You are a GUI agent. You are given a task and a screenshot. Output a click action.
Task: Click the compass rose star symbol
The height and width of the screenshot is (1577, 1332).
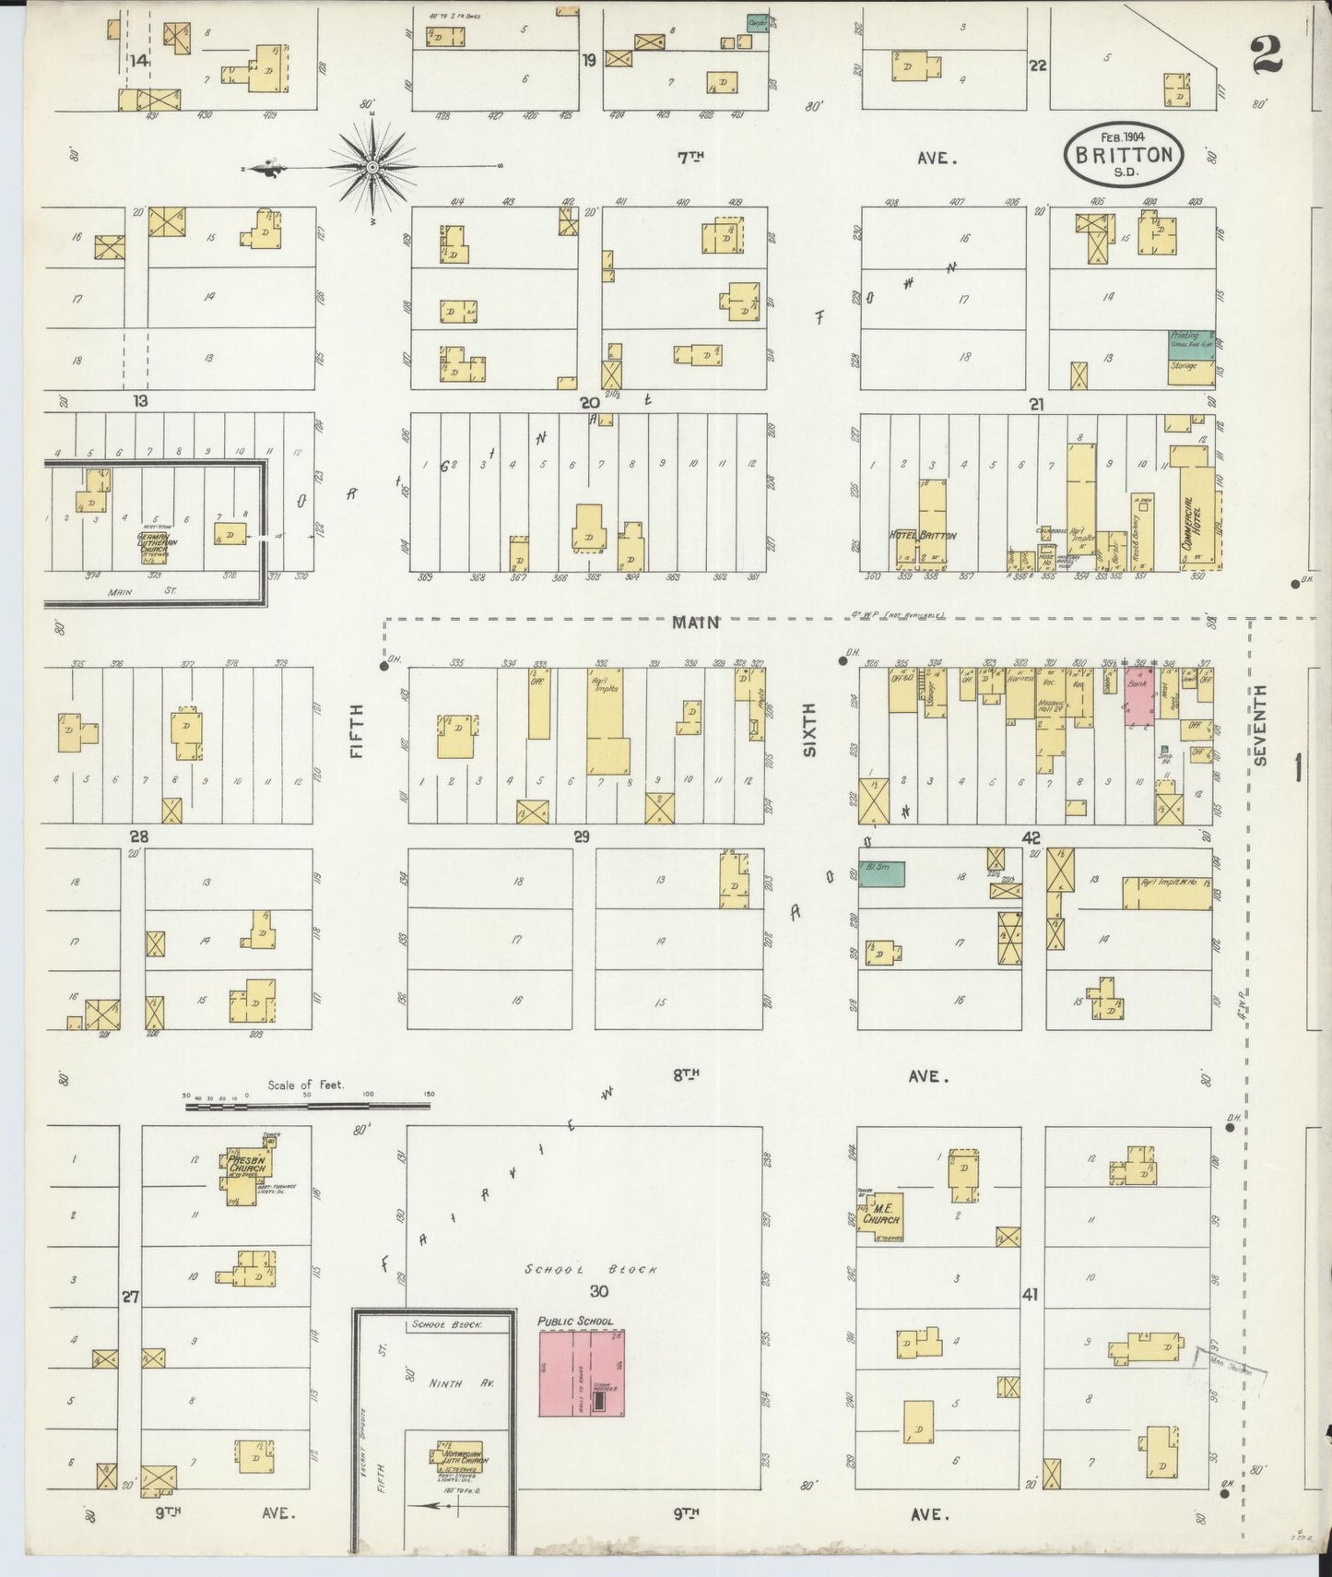[x=371, y=167]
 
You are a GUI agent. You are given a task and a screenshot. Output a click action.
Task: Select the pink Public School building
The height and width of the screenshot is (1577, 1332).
[x=582, y=1373]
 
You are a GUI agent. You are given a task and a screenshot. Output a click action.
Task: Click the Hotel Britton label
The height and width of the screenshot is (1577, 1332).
[x=924, y=535]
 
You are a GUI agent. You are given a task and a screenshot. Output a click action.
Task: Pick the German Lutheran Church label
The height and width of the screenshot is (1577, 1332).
[x=152, y=541]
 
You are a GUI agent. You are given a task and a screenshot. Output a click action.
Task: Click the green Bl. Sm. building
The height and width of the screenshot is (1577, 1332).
[x=881, y=873]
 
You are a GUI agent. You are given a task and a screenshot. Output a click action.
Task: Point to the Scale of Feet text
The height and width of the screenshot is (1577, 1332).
[x=305, y=1085]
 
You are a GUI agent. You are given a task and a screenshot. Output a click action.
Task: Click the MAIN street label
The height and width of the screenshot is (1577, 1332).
[x=695, y=622]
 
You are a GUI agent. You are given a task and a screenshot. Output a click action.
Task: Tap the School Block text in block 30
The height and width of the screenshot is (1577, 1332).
[x=591, y=1270]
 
